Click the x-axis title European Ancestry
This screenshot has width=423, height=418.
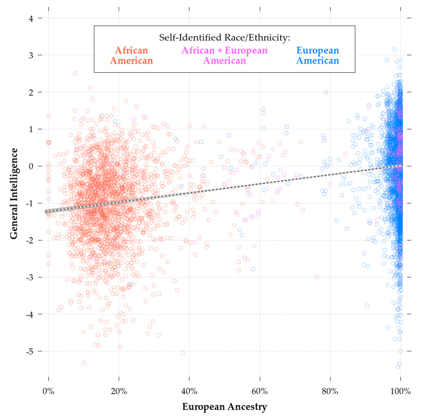click(x=225, y=407)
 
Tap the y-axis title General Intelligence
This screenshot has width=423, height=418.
click(x=14, y=193)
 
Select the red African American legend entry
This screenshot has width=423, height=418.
click(x=131, y=55)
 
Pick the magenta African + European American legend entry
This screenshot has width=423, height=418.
click(x=225, y=55)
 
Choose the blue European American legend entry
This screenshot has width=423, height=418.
click(x=318, y=55)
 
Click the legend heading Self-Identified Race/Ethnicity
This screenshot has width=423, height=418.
click(x=225, y=38)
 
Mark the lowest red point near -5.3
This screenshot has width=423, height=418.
click(x=84, y=363)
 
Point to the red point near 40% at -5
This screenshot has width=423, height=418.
click(x=183, y=353)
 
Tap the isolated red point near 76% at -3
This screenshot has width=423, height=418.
click(x=317, y=277)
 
